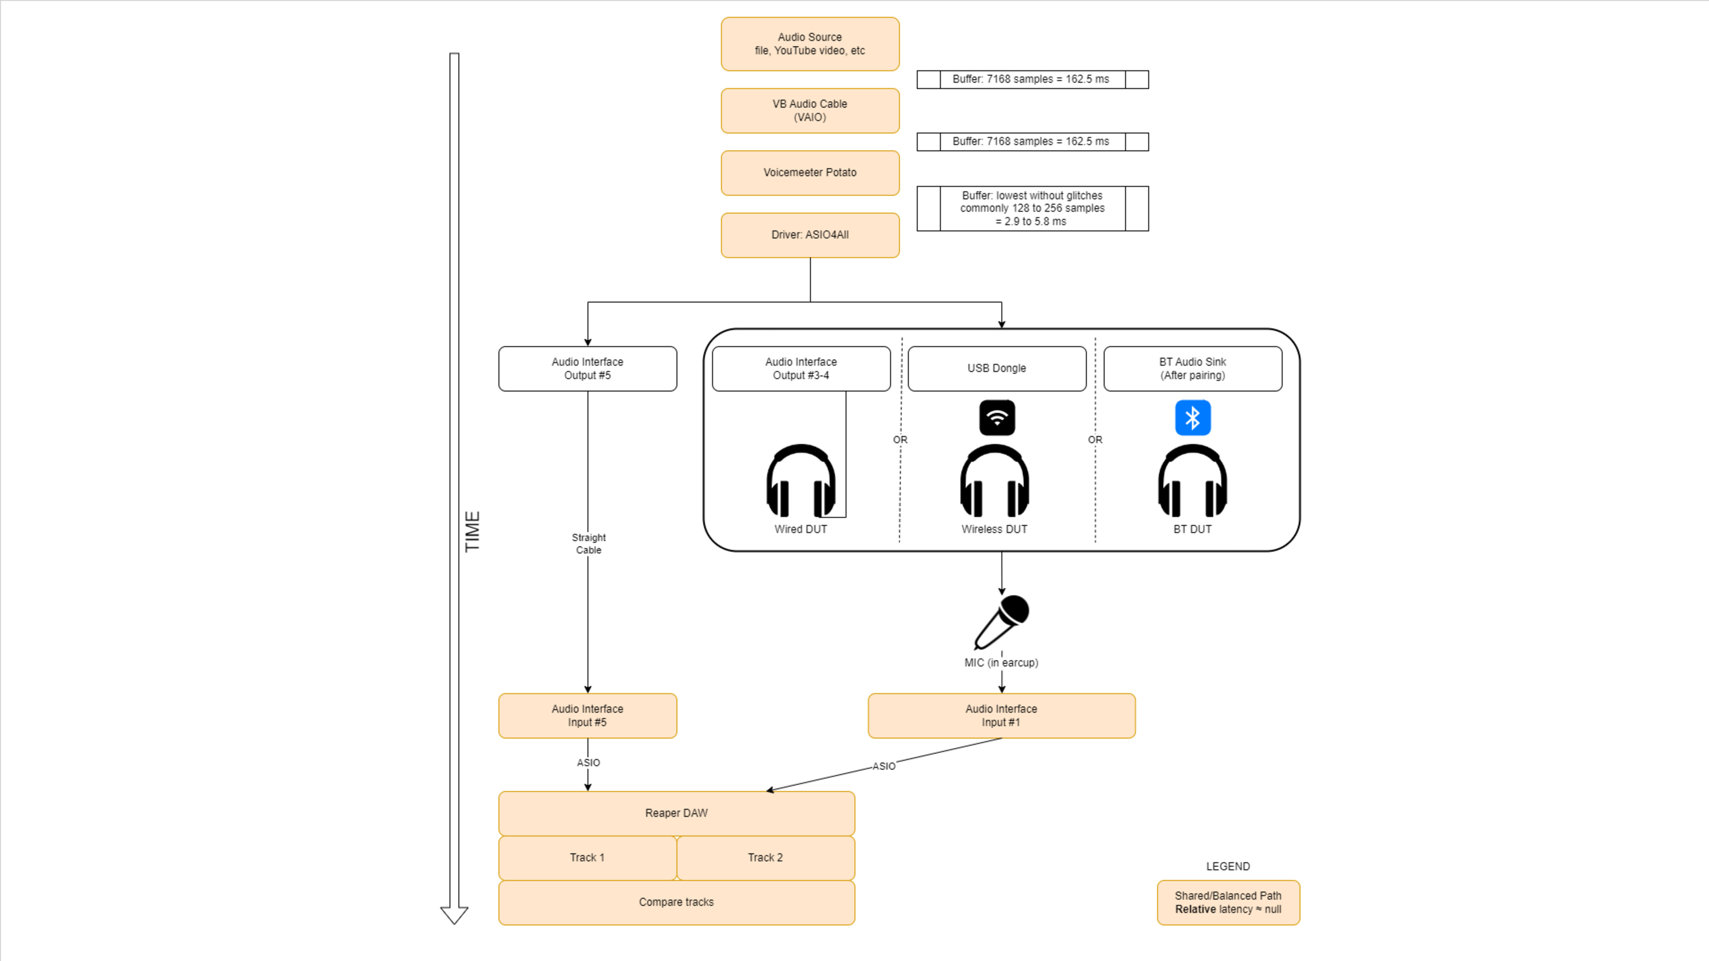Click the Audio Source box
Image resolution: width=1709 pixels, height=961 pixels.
point(810,44)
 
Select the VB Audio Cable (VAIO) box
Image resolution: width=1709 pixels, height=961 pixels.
point(810,111)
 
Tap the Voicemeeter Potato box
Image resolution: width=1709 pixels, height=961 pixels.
point(810,173)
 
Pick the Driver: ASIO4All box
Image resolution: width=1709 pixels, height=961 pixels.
point(810,235)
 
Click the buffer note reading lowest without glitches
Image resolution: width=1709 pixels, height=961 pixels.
point(1033,208)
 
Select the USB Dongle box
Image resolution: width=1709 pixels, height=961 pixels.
point(996,369)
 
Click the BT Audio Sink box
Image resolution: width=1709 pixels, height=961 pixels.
point(1192,369)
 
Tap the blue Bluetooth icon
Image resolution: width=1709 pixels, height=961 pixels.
point(1192,418)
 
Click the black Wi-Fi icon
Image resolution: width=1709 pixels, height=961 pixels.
point(996,418)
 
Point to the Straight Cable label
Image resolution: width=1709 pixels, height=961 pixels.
point(588,544)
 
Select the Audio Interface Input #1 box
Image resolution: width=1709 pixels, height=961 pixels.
point(1001,715)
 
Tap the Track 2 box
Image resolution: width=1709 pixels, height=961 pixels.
point(765,857)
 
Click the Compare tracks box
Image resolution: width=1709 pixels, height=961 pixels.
point(676,902)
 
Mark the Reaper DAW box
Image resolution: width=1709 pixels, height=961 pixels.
point(676,813)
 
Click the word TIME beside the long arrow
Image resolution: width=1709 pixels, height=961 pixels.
point(472,531)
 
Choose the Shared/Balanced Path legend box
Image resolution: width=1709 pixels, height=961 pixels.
point(1228,903)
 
